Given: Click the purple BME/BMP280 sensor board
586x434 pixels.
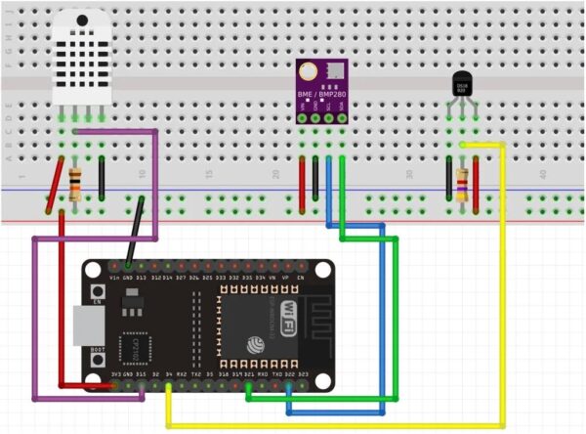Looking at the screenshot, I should (321, 91).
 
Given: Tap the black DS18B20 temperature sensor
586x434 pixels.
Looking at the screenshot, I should (461, 85).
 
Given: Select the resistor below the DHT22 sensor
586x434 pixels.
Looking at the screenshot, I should (75, 183).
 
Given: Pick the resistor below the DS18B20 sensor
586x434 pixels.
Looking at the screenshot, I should (461, 183).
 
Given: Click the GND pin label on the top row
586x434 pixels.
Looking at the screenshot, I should (128, 279).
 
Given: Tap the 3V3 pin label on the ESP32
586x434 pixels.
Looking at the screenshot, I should (115, 373).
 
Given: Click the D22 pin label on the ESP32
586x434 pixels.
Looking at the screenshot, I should (289, 373).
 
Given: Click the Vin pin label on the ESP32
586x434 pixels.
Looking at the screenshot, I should (114, 279).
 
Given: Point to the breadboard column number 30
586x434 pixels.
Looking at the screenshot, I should (409, 174).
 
